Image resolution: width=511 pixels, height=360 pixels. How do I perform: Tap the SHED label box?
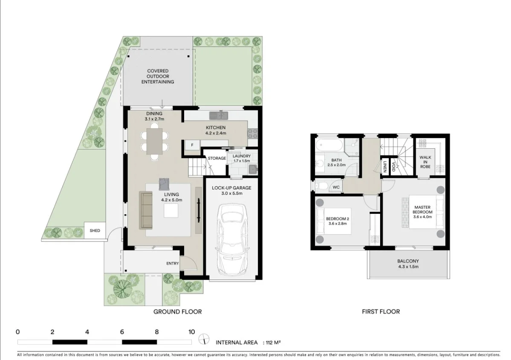(95, 231)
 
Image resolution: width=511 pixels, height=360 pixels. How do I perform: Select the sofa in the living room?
(146, 210)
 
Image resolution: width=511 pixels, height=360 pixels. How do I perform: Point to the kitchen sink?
(219, 115)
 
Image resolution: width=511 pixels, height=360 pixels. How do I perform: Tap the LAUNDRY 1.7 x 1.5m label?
(242, 158)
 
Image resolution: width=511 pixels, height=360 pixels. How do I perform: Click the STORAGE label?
(217, 158)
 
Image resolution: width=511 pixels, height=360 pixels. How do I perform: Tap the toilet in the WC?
(322, 186)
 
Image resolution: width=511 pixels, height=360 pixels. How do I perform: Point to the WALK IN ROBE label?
(425, 162)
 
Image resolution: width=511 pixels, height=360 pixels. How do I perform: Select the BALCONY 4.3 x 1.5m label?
(408, 264)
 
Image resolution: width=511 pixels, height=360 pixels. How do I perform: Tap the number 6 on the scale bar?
(122, 332)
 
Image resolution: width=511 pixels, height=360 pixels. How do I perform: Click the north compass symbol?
(205, 339)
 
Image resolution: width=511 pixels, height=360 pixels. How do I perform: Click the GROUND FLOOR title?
(177, 311)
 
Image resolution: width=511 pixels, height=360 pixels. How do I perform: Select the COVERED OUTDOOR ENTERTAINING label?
(158, 76)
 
